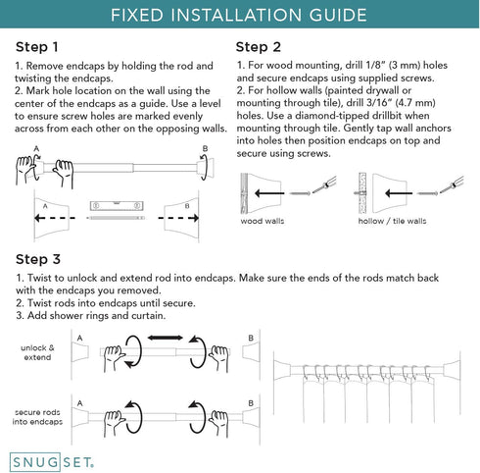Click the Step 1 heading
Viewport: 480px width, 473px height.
pyautogui.click(x=37, y=47)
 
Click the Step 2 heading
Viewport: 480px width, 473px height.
pyautogui.click(x=259, y=47)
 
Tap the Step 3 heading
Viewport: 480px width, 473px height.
pyautogui.click(x=38, y=259)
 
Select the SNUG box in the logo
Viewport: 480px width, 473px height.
pyautogui.click(x=34, y=462)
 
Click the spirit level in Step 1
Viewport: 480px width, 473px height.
pyautogui.click(x=117, y=205)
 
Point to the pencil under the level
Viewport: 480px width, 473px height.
pyautogui.click(x=116, y=218)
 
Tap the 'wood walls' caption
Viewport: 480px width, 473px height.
pyautogui.click(x=263, y=221)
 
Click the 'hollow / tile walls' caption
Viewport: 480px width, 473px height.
pyautogui.click(x=392, y=221)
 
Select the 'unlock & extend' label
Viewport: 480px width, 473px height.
pyautogui.click(x=37, y=352)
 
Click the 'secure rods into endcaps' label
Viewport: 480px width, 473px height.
pyautogui.click(x=37, y=417)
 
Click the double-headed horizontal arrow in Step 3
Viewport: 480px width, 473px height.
pyautogui.click(x=166, y=338)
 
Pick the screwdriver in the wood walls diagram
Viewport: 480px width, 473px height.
pyautogui.click(x=324, y=185)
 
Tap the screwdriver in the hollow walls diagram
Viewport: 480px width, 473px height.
pyautogui.click(x=452, y=185)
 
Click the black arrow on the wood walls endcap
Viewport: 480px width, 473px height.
pyautogui.click(x=269, y=193)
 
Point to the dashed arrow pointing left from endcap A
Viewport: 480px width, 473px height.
pyautogui.click(x=55, y=218)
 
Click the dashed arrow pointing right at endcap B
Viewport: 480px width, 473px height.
pyautogui.click(x=178, y=218)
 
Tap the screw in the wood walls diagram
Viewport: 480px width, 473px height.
pyautogui.click(x=300, y=193)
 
